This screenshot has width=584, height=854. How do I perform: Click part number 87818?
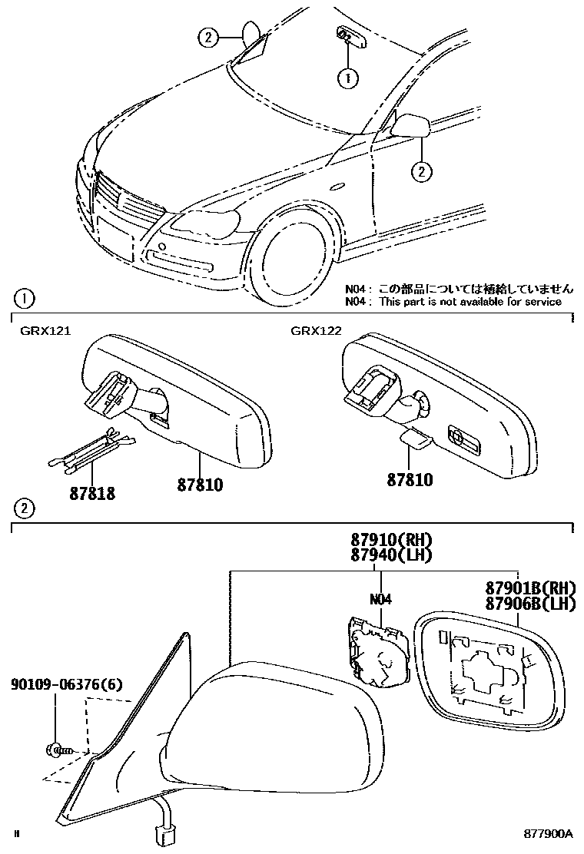[x=91, y=493]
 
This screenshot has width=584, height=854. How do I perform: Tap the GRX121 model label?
[x=45, y=331]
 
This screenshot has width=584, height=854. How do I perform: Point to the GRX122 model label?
[x=315, y=331]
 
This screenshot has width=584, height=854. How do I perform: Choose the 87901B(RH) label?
[x=530, y=588]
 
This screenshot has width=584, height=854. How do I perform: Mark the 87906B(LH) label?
[x=530, y=604]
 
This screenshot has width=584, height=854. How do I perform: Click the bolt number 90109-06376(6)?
[x=66, y=684]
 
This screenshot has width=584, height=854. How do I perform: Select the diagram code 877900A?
[x=549, y=833]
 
